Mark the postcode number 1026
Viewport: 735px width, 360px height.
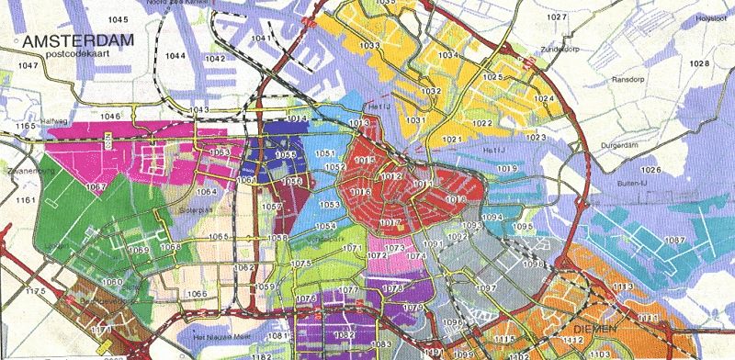click(650, 170)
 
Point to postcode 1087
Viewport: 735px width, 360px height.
click(675, 240)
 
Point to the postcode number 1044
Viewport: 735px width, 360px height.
click(175, 56)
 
